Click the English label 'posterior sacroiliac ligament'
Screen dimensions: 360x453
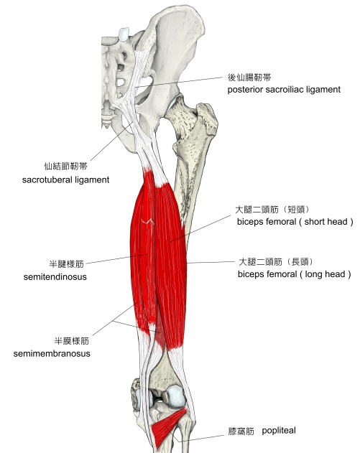[284, 90]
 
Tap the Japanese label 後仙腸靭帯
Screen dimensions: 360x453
[249, 78]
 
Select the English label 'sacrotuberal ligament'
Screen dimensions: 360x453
[65, 180]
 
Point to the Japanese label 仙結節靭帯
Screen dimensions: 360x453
[65, 166]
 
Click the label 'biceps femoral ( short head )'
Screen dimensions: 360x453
[295, 222]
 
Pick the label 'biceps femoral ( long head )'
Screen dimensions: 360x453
[295, 274]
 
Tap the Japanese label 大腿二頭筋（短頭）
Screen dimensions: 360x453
[272, 209]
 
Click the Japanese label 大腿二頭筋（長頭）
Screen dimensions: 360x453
[276, 262]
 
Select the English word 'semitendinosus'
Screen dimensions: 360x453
[55, 277]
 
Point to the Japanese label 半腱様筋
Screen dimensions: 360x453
[67, 264]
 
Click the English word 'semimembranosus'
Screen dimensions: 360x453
[52, 354]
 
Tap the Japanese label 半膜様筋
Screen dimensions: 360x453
[72, 341]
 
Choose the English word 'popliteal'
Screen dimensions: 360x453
[279, 431]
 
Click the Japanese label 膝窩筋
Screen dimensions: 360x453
[241, 431]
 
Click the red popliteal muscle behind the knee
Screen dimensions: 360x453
[167, 428]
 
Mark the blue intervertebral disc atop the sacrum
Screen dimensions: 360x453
[124, 34]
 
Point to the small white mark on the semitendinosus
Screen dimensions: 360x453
[147, 221]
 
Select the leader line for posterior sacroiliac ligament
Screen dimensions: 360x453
[180, 83]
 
